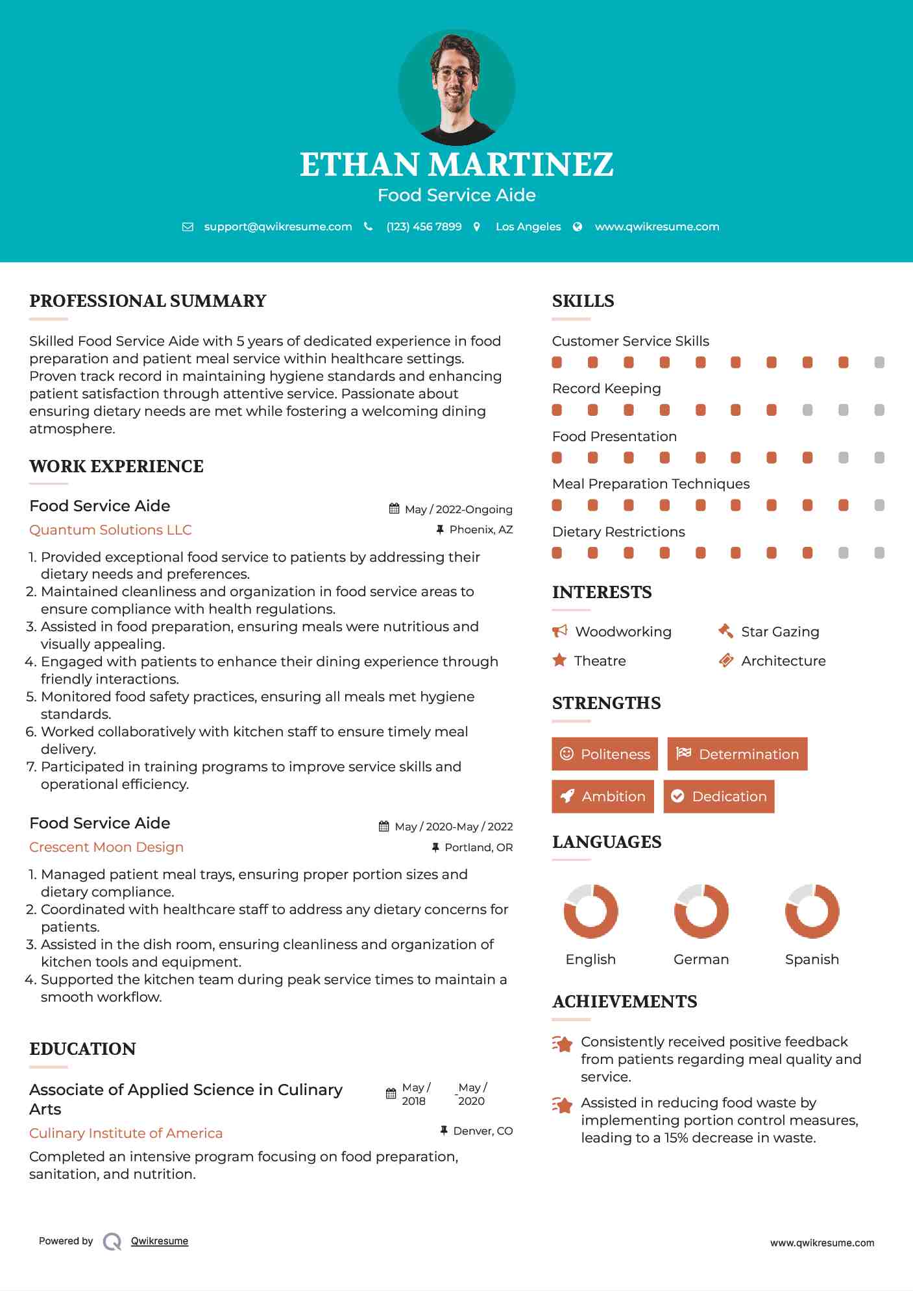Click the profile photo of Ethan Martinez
[456, 87]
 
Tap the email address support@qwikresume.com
[278, 227]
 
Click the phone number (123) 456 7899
[424, 227]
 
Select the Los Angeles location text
[528, 227]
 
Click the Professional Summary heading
[148, 301]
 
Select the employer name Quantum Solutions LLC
[110, 530]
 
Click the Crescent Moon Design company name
[106, 847]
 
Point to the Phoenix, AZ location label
[481, 530]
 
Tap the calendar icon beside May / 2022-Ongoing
[394, 509]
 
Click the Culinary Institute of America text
[126, 1133]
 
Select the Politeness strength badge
[604, 754]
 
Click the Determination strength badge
[737, 754]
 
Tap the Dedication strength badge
[718, 797]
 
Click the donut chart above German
[701, 911]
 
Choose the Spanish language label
[812, 959]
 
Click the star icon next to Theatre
[559, 660]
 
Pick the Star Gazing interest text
[780, 632]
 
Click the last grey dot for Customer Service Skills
[879, 363]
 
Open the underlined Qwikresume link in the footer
[160, 1241]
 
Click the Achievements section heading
[624, 1002]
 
